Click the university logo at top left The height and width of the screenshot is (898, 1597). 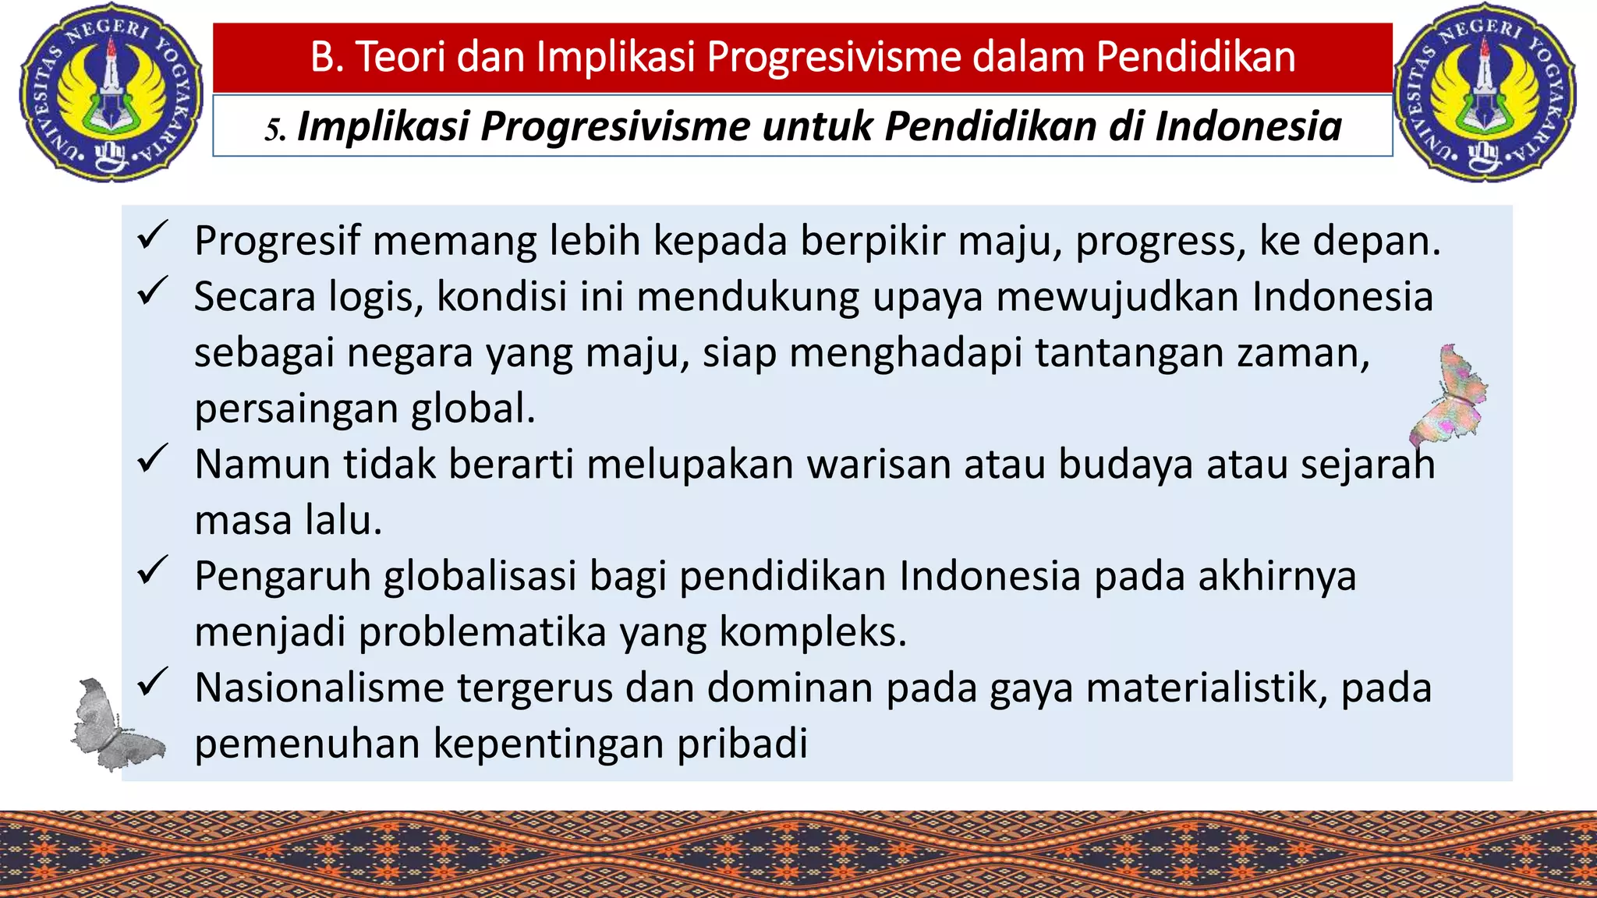tap(111, 92)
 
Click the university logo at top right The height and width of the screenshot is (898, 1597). tap(1485, 92)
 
